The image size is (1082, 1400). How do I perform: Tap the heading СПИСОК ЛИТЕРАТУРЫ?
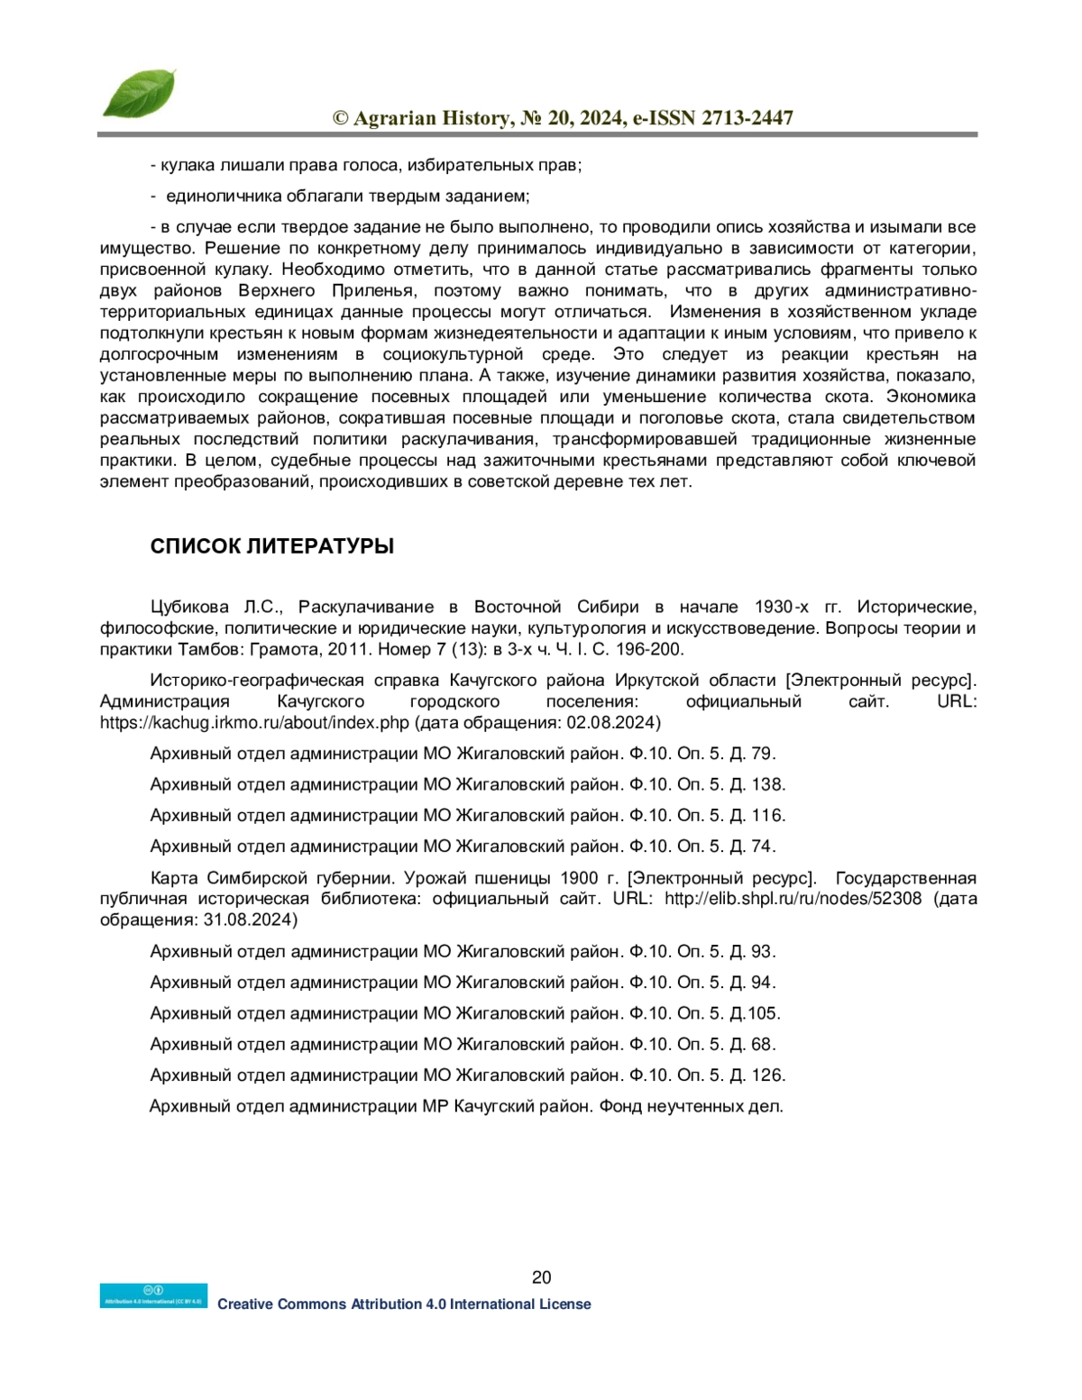click(271, 546)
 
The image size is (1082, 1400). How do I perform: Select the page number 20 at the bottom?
click(541, 1276)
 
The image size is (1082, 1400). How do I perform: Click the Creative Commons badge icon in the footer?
click(153, 1295)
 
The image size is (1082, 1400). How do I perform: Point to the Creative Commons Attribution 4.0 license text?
click(404, 1304)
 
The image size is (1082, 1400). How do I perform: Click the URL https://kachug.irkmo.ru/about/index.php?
click(254, 723)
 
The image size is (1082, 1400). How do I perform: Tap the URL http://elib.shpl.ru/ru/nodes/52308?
click(793, 899)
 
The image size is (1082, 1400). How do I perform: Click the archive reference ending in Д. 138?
click(467, 784)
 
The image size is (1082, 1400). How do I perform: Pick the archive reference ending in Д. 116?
click(467, 815)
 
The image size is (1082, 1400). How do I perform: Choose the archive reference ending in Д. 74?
click(463, 846)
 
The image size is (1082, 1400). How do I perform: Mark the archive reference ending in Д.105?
click(464, 1013)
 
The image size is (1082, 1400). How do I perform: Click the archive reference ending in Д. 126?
click(467, 1075)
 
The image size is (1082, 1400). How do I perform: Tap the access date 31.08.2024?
click(249, 920)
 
